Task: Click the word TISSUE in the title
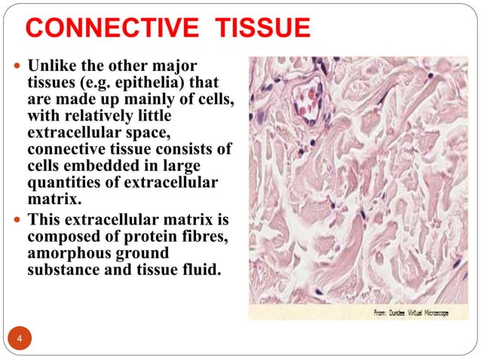pyautogui.click(x=262, y=29)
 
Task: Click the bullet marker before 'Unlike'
pyautogui.click(x=17, y=66)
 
